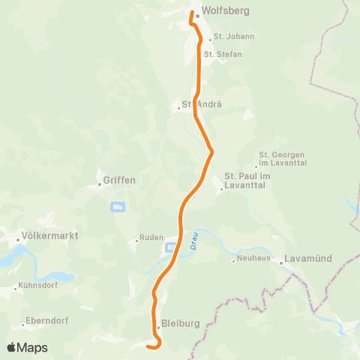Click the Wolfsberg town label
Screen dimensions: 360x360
tap(226, 11)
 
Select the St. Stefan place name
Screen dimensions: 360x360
tap(223, 54)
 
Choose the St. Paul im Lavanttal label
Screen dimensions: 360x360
tap(247, 180)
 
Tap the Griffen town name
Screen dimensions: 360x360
tap(119, 180)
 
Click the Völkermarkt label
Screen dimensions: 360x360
tap(52, 235)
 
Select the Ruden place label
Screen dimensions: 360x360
tap(151, 240)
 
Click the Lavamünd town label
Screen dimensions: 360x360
tap(307, 260)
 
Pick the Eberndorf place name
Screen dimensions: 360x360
tap(47, 320)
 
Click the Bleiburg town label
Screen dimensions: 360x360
tap(180, 324)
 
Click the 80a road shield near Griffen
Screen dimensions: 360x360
tap(116, 206)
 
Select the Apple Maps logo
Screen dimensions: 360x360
tap(27, 347)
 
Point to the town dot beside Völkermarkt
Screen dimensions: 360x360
tap(18, 239)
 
